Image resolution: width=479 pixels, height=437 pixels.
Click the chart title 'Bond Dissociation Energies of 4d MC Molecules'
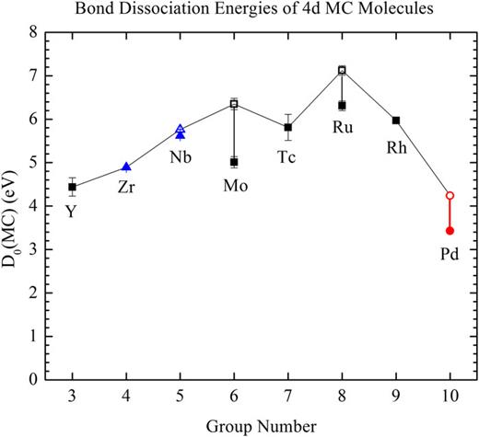[x=251, y=10]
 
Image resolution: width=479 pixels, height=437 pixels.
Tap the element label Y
[x=71, y=212]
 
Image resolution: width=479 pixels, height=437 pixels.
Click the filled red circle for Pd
[x=450, y=231]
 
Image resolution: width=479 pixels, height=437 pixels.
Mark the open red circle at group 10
[x=450, y=195]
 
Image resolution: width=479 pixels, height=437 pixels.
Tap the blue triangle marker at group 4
[x=126, y=167]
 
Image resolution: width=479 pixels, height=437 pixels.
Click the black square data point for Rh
[x=396, y=121]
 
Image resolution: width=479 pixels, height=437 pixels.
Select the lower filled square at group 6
[x=234, y=162]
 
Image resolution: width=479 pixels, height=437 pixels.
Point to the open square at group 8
[x=342, y=70]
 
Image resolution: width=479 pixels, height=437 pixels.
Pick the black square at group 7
[x=288, y=127]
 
